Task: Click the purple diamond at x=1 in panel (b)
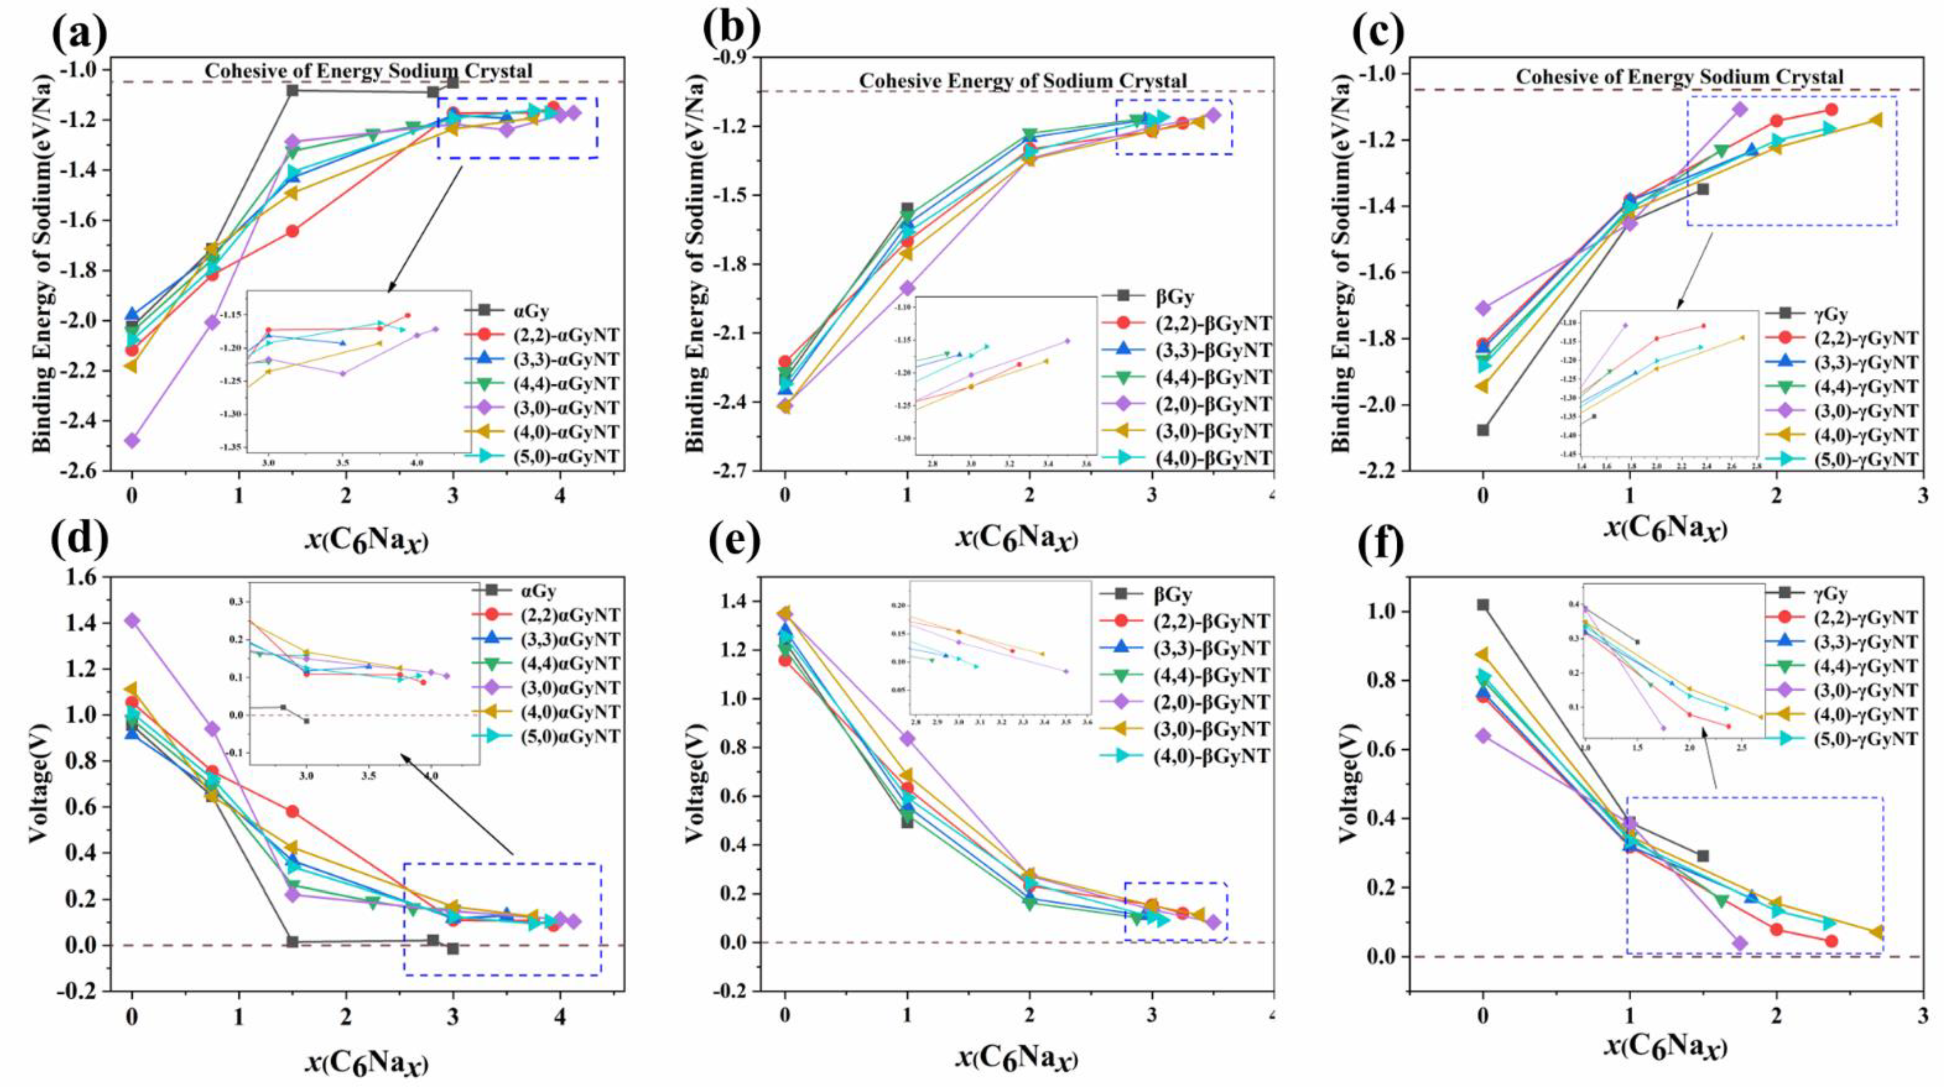pos(907,288)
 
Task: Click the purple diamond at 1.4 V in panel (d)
pos(132,620)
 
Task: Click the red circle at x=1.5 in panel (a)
pos(292,231)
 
